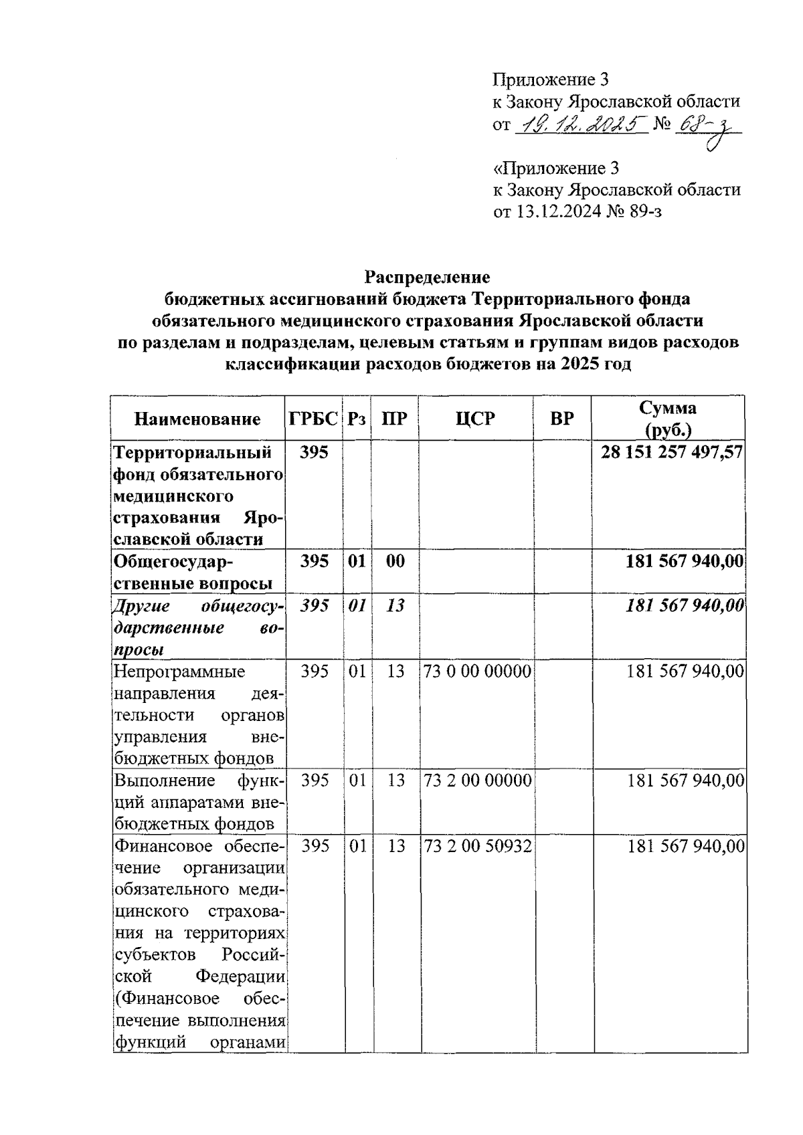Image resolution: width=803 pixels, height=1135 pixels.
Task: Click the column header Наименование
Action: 197,419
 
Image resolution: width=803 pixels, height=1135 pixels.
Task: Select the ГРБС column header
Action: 313,419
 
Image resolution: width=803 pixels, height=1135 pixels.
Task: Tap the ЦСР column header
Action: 475,419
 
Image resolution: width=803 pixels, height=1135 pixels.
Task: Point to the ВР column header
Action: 561,419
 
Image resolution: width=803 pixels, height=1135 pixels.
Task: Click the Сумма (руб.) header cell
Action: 667,418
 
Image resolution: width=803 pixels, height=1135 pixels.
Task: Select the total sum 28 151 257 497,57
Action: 671,453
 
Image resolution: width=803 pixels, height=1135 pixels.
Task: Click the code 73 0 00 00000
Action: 476,672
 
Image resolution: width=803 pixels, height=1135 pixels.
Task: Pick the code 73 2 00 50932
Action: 476,847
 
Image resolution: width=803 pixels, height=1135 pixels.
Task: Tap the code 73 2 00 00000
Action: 476,781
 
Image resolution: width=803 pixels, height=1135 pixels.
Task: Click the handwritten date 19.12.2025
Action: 579,124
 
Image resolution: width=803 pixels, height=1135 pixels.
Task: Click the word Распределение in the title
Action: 427,277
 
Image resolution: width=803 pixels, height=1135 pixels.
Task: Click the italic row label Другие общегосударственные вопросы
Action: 198,628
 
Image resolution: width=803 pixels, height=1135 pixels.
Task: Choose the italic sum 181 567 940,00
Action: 685,606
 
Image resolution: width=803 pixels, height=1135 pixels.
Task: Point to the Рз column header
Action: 357,419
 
